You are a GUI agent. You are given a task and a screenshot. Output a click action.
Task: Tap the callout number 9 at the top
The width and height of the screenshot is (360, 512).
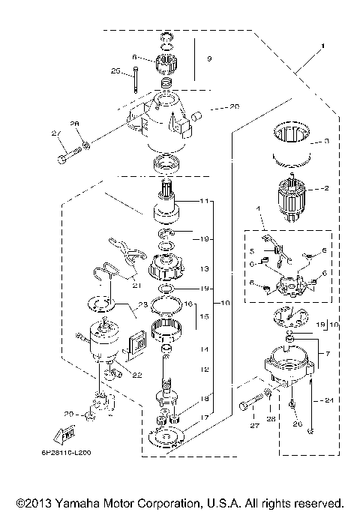pyautogui.click(x=209, y=58)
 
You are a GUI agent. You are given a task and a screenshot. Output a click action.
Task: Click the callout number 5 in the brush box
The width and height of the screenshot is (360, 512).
pyautogui.click(x=252, y=250)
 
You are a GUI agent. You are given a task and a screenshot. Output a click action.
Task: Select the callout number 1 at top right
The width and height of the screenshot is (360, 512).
pyautogui.click(x=322, y=47)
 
